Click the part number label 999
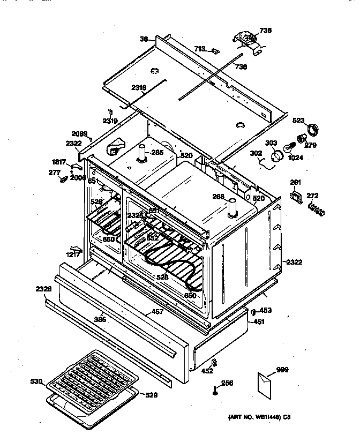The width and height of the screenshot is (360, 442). pyautogui.click(x=282, y=369)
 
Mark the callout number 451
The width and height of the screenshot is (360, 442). pyautogui.click(x=259, y=321)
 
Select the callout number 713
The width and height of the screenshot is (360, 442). pyautogui.click(x=200, y=49)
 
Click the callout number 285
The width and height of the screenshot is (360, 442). pyautogui.click(x=157, y=152)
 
